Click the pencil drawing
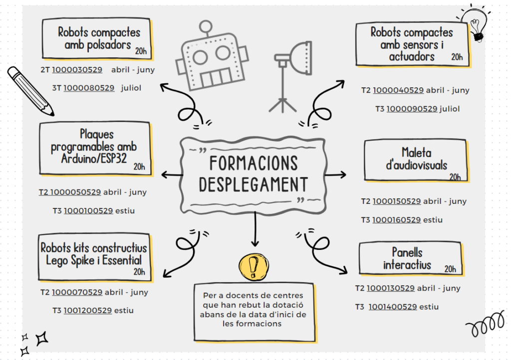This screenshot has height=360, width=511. click(x=30, y=90)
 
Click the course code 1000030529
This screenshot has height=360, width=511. click(x=77, y=70)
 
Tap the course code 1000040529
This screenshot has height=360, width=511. click(x=398, y=90)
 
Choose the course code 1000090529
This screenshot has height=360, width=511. click(x=412, y=109)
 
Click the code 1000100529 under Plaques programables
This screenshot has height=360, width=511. click(x=88, y=210)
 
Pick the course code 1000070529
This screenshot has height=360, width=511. click(x=77, y=292)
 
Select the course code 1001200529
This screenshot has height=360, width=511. click(x=87, y=310)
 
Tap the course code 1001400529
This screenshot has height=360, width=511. click(x=393, y=307)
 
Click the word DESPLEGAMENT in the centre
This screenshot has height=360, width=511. click(x=253, y=184)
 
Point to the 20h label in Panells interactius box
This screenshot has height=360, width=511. click(x=450, y=269)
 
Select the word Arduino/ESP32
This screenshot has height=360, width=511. click(x=94, y=159)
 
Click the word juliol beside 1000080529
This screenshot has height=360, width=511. click(x=131, y=88)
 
